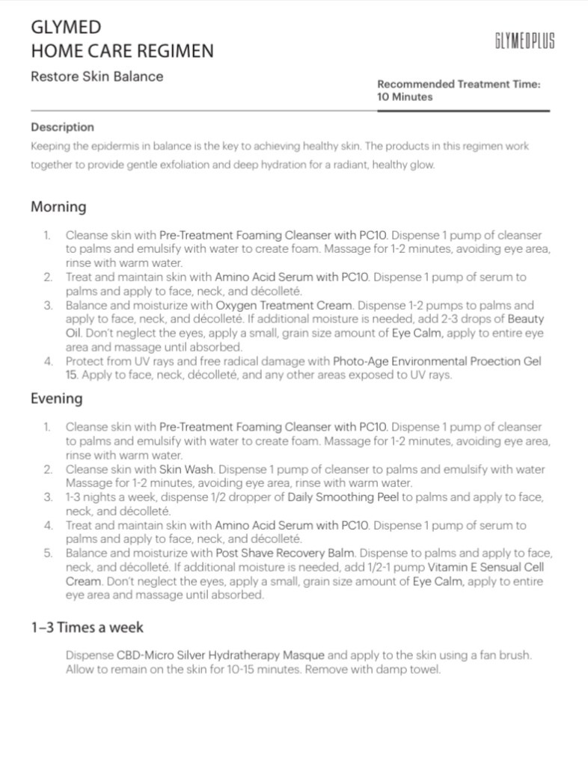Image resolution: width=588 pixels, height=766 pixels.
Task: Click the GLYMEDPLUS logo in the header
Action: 524,40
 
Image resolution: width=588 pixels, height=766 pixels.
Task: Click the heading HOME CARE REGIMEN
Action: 122,51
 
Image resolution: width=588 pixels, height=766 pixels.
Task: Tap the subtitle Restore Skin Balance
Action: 97,76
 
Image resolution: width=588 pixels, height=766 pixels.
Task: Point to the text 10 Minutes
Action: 404,96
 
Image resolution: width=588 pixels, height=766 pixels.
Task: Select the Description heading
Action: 62,127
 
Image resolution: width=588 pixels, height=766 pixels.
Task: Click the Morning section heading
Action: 58,206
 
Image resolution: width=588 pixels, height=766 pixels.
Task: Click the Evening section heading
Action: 56,398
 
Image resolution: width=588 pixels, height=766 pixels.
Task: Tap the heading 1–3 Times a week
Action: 87,627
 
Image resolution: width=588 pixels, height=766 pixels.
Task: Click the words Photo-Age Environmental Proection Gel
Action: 437,361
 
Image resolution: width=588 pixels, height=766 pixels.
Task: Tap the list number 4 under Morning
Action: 48,361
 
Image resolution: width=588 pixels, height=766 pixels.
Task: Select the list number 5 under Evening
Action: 48,553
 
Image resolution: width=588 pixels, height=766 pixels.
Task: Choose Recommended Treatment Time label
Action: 459,85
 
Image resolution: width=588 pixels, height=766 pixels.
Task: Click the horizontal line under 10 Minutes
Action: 463,111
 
